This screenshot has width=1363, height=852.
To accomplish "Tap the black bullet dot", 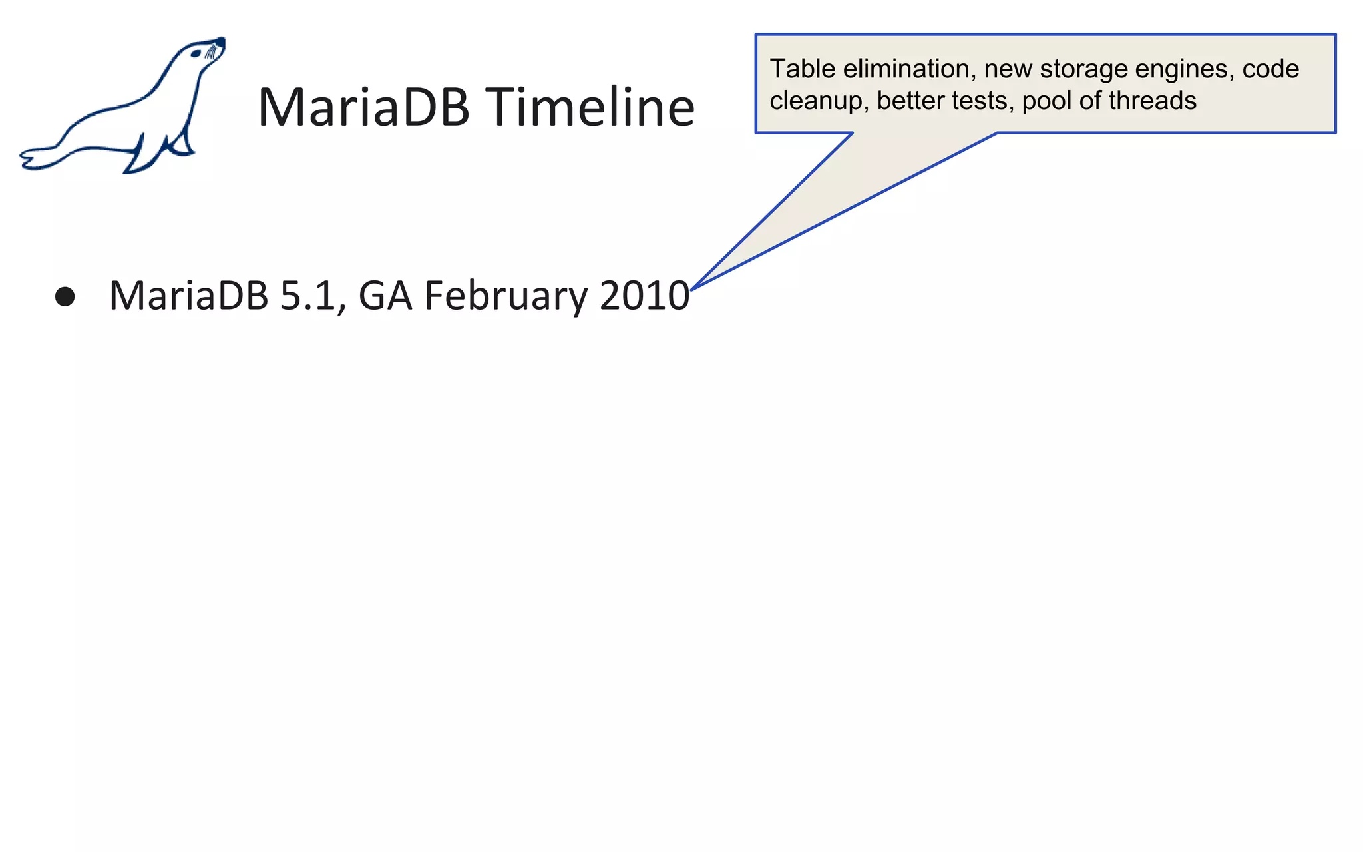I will pyautogui.click(x=65, y=296).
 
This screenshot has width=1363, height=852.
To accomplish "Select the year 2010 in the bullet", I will pyautogui.click(x=644, y=296).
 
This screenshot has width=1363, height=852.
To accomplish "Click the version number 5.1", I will pyautogui.click(x=307, y=296).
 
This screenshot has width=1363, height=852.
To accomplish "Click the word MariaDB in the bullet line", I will pyautogui.click(x=188, y=296).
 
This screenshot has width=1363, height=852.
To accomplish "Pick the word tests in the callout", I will pyautogui.click(x=982, y=101).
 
